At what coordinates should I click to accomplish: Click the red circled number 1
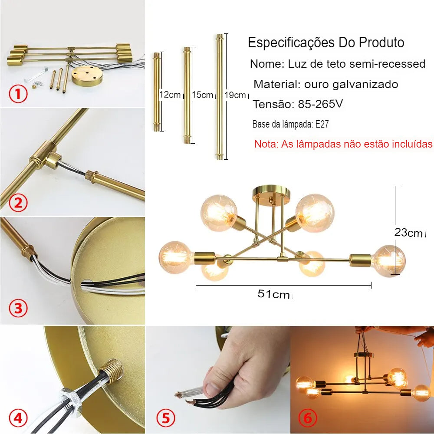[18, 94]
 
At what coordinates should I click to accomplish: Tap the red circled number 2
[18, 203]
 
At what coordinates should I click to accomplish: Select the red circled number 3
[18, 308]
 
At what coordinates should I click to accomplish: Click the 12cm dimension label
[170, 95]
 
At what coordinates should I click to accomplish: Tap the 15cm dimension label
[203, 95]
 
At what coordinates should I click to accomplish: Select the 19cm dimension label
[235, 95]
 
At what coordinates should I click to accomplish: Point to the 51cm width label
[273, 294]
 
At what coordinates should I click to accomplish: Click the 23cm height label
[408, 233]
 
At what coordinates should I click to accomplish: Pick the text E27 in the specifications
[322, 124]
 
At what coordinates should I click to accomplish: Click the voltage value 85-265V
[320, 104]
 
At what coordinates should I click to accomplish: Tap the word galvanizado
[365, 85]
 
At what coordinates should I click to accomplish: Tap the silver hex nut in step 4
[69, 400]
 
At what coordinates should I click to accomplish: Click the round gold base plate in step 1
[87, 75]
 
